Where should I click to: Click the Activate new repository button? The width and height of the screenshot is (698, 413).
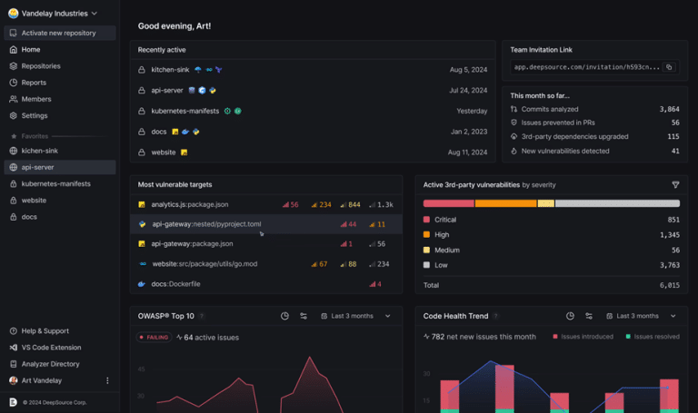59,33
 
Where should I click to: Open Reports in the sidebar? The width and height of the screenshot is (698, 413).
34,83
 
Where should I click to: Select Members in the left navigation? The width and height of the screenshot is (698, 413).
36,99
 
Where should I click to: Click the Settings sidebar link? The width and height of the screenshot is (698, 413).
35,115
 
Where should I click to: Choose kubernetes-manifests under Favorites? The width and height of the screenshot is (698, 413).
55,183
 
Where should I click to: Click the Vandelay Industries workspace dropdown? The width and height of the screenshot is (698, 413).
53,14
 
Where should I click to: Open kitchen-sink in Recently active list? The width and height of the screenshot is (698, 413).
170,70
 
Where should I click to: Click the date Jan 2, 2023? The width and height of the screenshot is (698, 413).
469,132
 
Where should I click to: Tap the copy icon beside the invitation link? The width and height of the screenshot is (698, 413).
669,67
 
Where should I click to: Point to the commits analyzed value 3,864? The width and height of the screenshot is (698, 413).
668,109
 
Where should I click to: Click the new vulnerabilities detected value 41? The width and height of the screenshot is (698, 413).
673,151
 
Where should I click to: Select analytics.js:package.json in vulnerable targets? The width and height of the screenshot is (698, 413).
189,205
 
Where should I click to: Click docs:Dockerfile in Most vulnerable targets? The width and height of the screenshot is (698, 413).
175,284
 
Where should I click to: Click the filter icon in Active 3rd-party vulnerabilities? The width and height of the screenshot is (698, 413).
675,184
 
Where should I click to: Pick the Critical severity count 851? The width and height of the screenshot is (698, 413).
673,220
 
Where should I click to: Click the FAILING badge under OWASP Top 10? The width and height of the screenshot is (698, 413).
154,337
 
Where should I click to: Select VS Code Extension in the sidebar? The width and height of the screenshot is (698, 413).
51,348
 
